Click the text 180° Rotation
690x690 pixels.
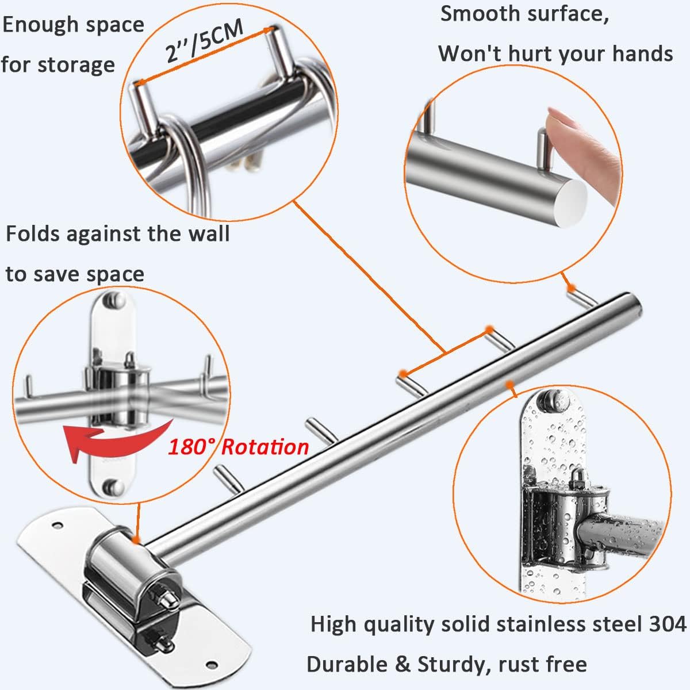[238, 447]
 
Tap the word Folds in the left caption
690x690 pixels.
[32, 234]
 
